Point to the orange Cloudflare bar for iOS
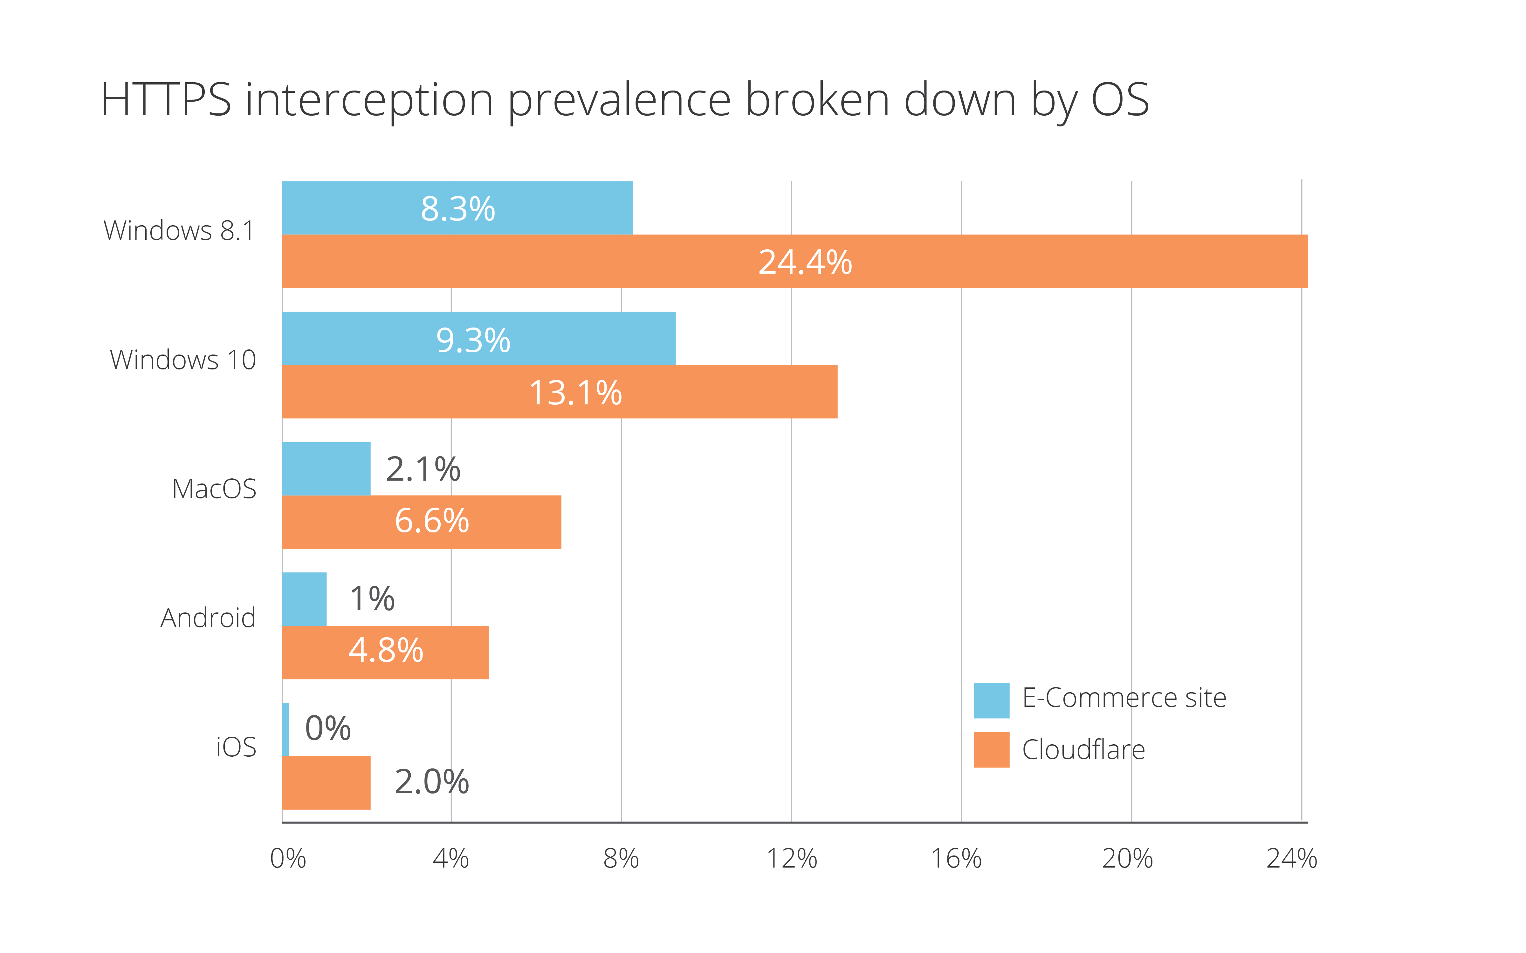(326, 783)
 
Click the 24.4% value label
(805, 262)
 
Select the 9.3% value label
(473, 340)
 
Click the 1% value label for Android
(372, 599)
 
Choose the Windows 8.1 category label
(179, 231)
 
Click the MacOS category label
(214, 489)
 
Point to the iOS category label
(236, 747)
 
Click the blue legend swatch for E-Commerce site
(991, 700)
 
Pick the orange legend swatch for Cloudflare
(991, 749)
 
